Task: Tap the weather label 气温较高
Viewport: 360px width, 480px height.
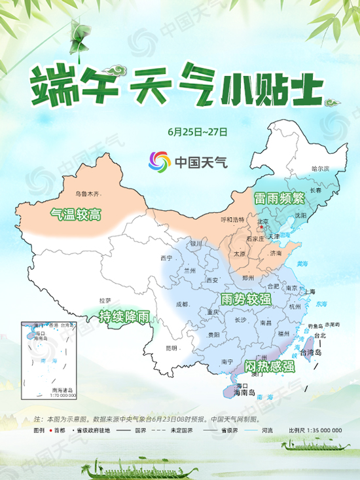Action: point(77,213)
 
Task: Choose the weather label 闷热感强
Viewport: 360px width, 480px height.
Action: point(269,365)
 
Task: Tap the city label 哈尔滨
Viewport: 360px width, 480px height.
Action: point(319,169)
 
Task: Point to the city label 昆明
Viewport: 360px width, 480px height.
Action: point(171,347)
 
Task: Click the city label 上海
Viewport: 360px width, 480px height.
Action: point(309,291)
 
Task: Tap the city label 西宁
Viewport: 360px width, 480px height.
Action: point(166,258)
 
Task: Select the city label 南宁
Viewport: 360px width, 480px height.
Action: point(227,361)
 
